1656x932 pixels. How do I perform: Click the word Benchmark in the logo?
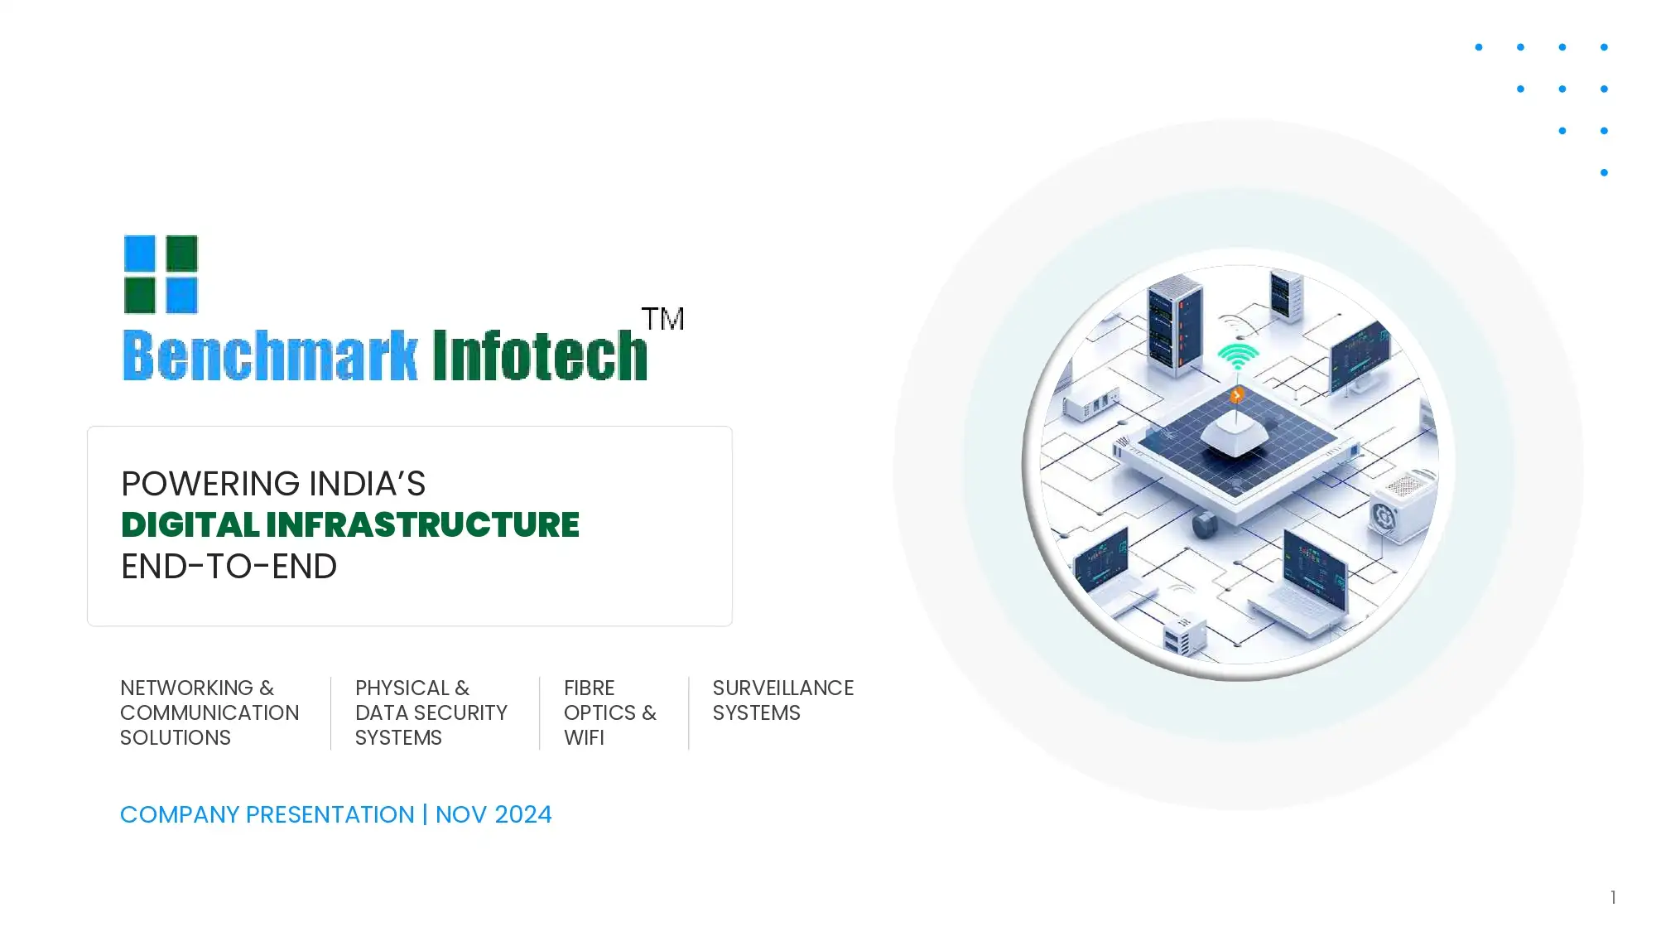[x=270, y=356]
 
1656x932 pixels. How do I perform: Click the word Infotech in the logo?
[x=540, y=356]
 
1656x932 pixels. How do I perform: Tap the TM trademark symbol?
[x=662, y=319]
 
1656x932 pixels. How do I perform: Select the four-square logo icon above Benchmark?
[x=161, y=274]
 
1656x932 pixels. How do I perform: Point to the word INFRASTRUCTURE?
[x=422, y=525]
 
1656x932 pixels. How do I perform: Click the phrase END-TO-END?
[x=229, y=567]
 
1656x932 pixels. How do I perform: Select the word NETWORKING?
[x=186, y=688]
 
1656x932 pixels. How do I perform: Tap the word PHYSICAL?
[x=402, y=688]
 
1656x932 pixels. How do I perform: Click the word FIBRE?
[x=589, y=688]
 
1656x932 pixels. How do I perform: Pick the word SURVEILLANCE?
[x=782, y=688]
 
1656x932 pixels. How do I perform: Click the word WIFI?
[x=584, y=738]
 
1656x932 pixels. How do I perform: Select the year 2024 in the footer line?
[x=523, y=815]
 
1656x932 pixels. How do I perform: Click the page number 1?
[x=1613, y=897]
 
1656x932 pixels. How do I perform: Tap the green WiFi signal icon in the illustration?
[x=1238, y=357]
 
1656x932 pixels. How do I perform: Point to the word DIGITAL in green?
[x=190, y=525]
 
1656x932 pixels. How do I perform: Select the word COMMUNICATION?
[x=209, y=713]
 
